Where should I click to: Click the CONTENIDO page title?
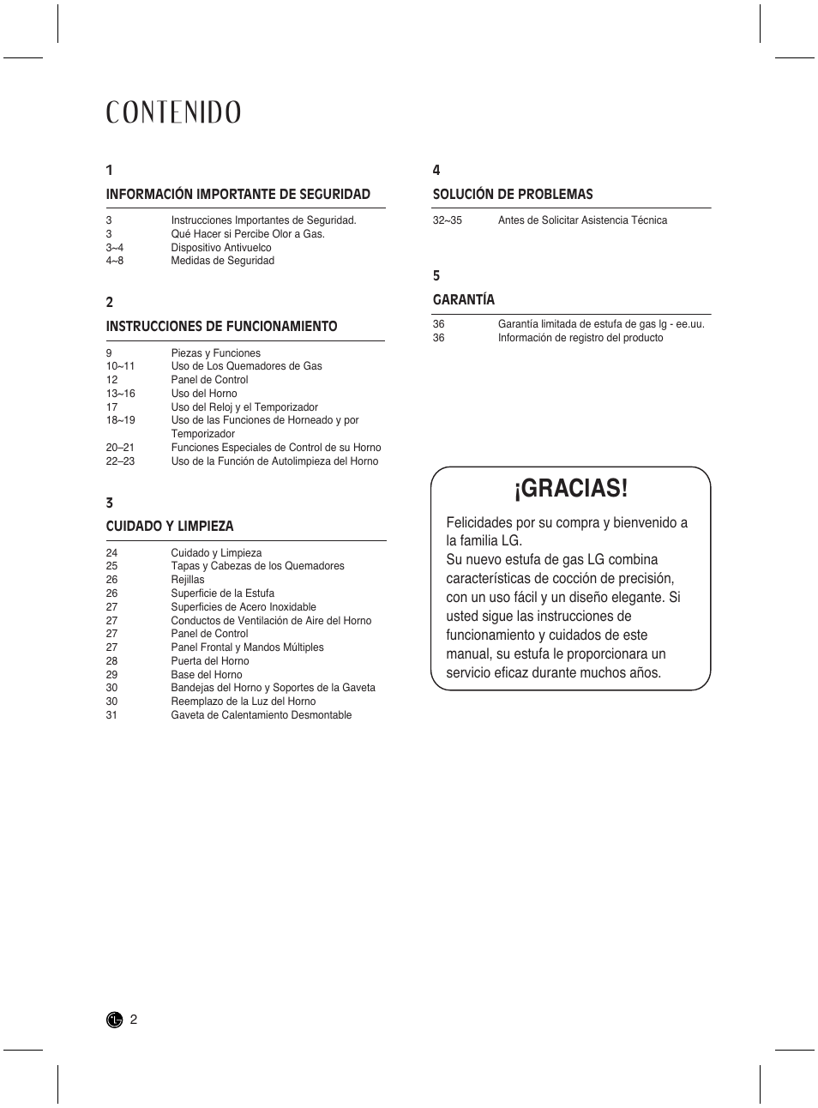(x=173, y=112)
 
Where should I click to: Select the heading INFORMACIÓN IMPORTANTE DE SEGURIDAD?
(x=238, y=195)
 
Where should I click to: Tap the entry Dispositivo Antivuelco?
(x=221, y=248)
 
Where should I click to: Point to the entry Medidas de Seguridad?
(x=222, y=261)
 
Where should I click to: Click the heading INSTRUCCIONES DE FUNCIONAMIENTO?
(x=221, y=327)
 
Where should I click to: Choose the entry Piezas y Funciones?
(x=215, y=353)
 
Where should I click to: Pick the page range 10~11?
(x=120, y=366)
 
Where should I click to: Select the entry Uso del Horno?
(x=204, y=394)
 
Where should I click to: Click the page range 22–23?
(x=120, y=461)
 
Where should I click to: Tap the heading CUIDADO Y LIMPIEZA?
(x=170, y=527)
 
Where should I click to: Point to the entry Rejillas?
(x=188, y=580)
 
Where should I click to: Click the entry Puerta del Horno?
(x=210, y=661)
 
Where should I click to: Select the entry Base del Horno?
(x=207, y=675)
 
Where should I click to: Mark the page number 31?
(x=111, y=715)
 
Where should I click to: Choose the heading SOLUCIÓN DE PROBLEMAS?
(x=513, y=195)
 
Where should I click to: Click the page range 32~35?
(x=447, y=220)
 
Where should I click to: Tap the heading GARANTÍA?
(x=464, y=300)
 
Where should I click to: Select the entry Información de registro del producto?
(x=580, y=338)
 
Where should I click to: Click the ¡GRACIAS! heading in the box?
(x=571, y=489)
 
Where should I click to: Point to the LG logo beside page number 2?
(x=114, y=1020)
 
